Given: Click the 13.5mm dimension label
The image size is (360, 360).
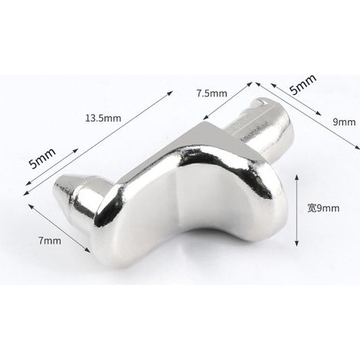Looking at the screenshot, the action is (x=103, y=118).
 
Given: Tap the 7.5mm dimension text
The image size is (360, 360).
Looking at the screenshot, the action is (x=211, y=93).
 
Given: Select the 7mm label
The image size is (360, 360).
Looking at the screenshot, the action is (x=50, y=241).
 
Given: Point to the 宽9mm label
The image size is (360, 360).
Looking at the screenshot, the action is (x=323, y=208).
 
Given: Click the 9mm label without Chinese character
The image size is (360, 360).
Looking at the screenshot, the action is (x=344, y=122).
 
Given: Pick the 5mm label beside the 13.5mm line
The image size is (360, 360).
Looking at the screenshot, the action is (x=42, y=159).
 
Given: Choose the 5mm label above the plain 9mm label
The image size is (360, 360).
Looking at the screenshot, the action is (x=303, y=84).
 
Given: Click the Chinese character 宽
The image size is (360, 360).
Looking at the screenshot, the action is (x=312, y=208).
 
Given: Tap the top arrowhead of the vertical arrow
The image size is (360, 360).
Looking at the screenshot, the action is (x=296, y=177).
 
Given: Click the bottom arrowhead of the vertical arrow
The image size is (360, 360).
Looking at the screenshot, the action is (x=296, y=244).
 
